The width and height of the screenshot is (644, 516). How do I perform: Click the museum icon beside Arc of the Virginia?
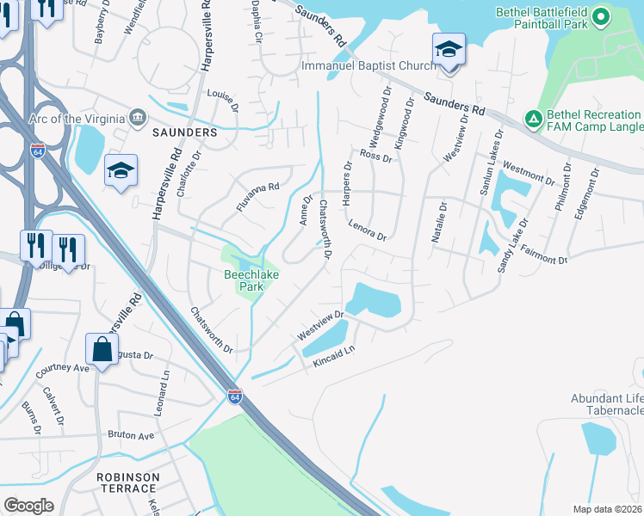click(138, 118)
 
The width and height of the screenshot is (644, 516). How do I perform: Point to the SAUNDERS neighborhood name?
click(184, 133)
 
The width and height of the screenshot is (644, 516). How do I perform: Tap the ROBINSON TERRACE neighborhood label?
click(127, 482)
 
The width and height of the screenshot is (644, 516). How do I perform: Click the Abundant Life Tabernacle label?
click(607, 404)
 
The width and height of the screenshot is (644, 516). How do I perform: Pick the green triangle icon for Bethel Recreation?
click(533, 118)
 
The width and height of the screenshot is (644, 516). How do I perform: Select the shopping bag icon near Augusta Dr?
click(102, 350)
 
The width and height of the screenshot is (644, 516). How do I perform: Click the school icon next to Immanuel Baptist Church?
click(449, 49)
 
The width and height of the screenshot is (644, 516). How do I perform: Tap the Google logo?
click(28, 506)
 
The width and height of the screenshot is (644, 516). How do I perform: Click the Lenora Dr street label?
click(368, 230)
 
